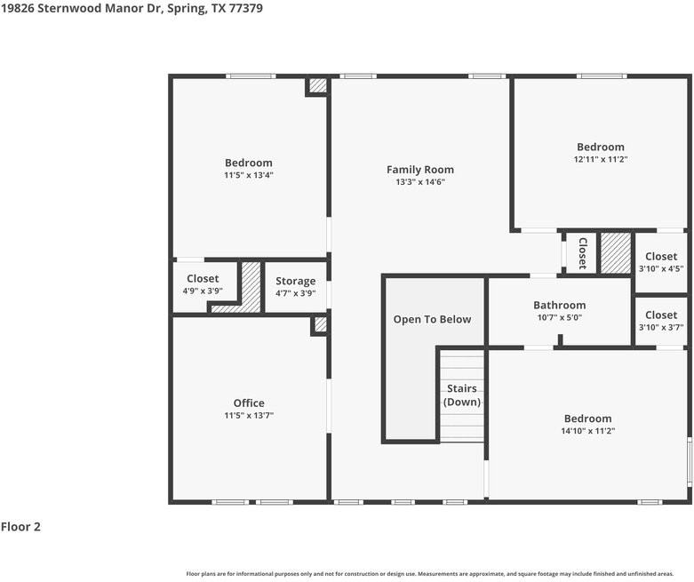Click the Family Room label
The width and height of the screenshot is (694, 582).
(420, 170)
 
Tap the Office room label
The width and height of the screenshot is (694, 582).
(249, 403)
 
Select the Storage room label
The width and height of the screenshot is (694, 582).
(296, 281)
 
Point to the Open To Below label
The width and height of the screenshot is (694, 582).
(432, 319)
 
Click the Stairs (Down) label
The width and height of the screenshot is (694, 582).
(462, 395)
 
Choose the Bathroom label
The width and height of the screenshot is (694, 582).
(560, 305)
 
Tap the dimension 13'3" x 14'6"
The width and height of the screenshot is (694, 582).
(420, 182)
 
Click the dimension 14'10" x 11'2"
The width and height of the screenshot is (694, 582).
(587, 431)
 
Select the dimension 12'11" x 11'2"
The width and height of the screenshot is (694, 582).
(601, 159)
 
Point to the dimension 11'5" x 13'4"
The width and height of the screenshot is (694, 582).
(249, 175)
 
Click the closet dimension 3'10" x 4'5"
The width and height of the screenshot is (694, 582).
(661, 268)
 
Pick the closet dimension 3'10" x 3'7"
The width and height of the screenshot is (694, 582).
(661, 327)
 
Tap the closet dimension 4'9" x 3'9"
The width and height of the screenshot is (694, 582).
(203, 291)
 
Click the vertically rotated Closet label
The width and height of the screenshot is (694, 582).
(582, 253)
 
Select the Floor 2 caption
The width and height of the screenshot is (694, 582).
(20, 527)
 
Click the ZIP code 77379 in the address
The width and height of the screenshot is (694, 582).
(245, 8)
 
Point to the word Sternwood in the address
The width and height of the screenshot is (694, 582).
(69, 8)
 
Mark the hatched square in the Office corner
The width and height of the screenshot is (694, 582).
(321, 324)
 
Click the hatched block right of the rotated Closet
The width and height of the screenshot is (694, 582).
(616, 252)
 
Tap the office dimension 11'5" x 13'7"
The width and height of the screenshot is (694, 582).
(249, 415)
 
